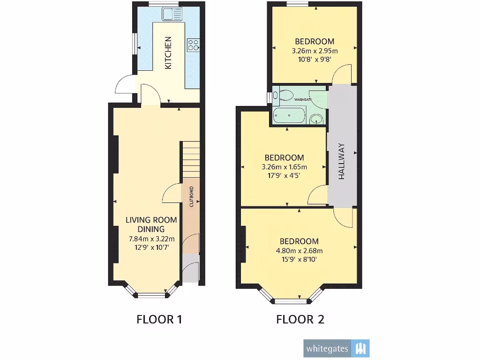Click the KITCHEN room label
[x=168, y=53]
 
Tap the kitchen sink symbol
[x=172, y=14]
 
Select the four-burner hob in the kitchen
[x=194, y=45]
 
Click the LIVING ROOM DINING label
[x=151, y=225]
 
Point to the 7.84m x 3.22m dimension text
[x=151, y=239]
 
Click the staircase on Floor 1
[x=190, y=159]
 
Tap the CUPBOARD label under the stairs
[x=191, y=197]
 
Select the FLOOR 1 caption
[x=159, y=320]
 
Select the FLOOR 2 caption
[x=300, y=320]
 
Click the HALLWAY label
[x=342, y=161]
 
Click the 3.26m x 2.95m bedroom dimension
[x=315, y=51]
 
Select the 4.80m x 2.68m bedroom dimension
[x=300, y=250]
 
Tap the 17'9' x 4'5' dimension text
[x=284, y=176]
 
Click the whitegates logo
[x=336, y=348]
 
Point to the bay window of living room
[x=151, y=294]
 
